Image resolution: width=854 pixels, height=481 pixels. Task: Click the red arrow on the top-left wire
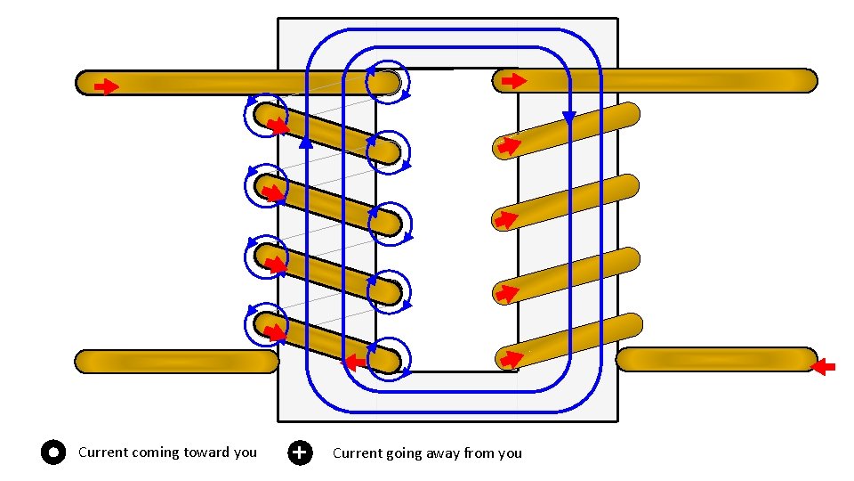click(107, 86)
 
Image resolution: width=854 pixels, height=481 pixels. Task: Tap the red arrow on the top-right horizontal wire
click(513, 81)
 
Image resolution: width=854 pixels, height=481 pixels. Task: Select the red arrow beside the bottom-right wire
click(825, 366)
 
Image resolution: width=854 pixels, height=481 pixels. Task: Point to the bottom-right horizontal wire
click(712, 359)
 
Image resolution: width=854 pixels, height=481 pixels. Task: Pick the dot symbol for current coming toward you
click(53, 452)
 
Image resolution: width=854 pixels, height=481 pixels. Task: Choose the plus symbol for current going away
click(301, 452)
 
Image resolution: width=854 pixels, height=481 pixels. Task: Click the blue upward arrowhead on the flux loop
click(306, 141)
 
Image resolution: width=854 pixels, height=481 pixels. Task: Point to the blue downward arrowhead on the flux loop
click(568, 118)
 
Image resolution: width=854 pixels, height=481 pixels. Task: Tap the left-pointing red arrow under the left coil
click(356, 362)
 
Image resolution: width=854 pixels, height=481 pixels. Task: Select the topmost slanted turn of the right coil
click(569, 129)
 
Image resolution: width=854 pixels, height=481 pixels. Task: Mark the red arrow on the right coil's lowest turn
click(510, 359)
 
